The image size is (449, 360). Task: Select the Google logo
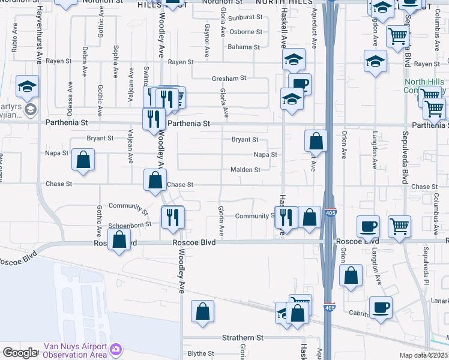(19, 353)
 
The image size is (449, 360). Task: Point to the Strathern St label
(243, 338)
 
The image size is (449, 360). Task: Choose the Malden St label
(245, 170)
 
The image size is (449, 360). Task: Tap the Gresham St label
(229, 78)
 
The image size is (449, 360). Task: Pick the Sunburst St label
(245, 18)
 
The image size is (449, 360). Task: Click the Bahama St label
(244, 47)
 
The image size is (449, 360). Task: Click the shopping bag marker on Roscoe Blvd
(119, 239)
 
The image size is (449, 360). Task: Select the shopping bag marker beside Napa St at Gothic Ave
(83, 159)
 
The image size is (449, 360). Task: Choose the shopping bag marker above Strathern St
(203, 311)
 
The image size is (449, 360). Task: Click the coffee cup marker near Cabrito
(381, 307)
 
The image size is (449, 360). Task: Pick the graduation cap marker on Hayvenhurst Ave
(28, 86)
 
